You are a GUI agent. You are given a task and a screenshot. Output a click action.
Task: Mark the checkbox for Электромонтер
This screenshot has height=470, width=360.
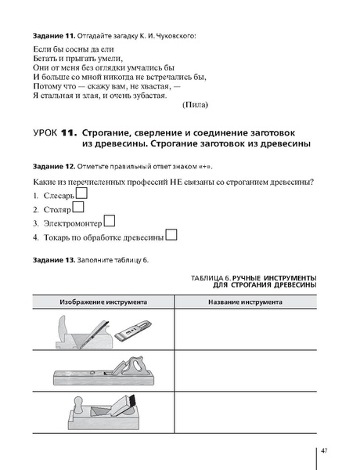(x=110, y=221)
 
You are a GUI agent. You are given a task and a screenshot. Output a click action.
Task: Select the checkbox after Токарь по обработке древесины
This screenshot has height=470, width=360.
(x=171, y=234)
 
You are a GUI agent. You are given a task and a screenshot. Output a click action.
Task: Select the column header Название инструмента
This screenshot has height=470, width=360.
(x=246, y=301)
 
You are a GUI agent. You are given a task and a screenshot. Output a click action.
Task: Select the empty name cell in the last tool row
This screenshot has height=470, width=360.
(x=246, y=411)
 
